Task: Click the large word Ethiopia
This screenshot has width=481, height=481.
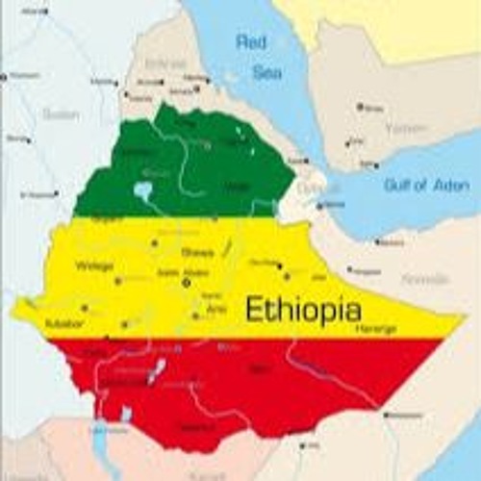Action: coord(303,310)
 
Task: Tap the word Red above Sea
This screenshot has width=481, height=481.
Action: coord(252,42)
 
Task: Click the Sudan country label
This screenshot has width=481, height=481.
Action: coord(60,114)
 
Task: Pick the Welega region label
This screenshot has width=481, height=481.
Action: coord(94,266)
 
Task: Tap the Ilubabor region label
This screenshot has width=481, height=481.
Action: coord(64,323)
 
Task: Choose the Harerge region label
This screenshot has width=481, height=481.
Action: coord(374,328)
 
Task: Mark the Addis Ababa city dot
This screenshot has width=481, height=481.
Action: coord(186,283)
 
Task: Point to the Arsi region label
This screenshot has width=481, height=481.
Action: coord(217,310)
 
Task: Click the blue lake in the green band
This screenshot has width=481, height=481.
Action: coord(143,190)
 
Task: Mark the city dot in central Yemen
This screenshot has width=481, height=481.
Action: coord(360,106)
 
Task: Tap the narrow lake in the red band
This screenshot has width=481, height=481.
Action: coord(155,370)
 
